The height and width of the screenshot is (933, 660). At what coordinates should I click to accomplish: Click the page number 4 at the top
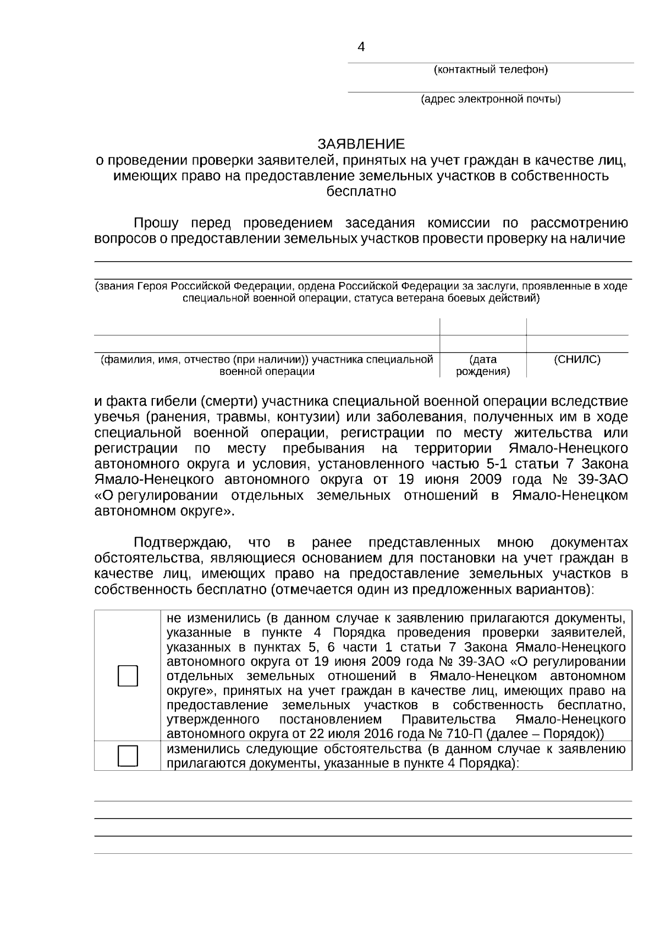pyautogui.click(x=361, y=47)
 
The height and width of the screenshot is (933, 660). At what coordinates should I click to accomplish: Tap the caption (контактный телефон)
pyautogui.click(x=491, y=70)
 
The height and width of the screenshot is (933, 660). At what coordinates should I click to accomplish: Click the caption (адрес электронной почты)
pyautogui.click(x=491, y=100)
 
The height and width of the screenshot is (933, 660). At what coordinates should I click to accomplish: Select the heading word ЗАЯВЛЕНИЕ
pyautogui.click(x=361, y=144)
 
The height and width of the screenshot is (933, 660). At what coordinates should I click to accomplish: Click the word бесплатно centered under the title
pyautogui.click(x=361, y=192)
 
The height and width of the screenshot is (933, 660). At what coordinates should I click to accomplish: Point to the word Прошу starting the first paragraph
pyautogui.click(x=156, y=223)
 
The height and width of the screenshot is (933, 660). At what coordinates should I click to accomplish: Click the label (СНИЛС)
pyautogui.click(x=577, y=360)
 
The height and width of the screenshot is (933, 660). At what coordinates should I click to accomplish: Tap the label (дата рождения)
pyautogui.click(x=483, y=366)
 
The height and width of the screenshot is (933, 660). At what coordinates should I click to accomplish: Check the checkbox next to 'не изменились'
pyautogui.click(x=128, y=676)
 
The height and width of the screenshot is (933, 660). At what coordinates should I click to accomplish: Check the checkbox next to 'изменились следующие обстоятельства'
pyautogui.click(x=128, y=756)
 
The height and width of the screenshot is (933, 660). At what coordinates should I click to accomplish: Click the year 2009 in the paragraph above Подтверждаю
pyautogui.click(x=486, y=479)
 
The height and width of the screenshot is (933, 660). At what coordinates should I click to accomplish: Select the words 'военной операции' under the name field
pyautogui.click(x=267, y=372)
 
